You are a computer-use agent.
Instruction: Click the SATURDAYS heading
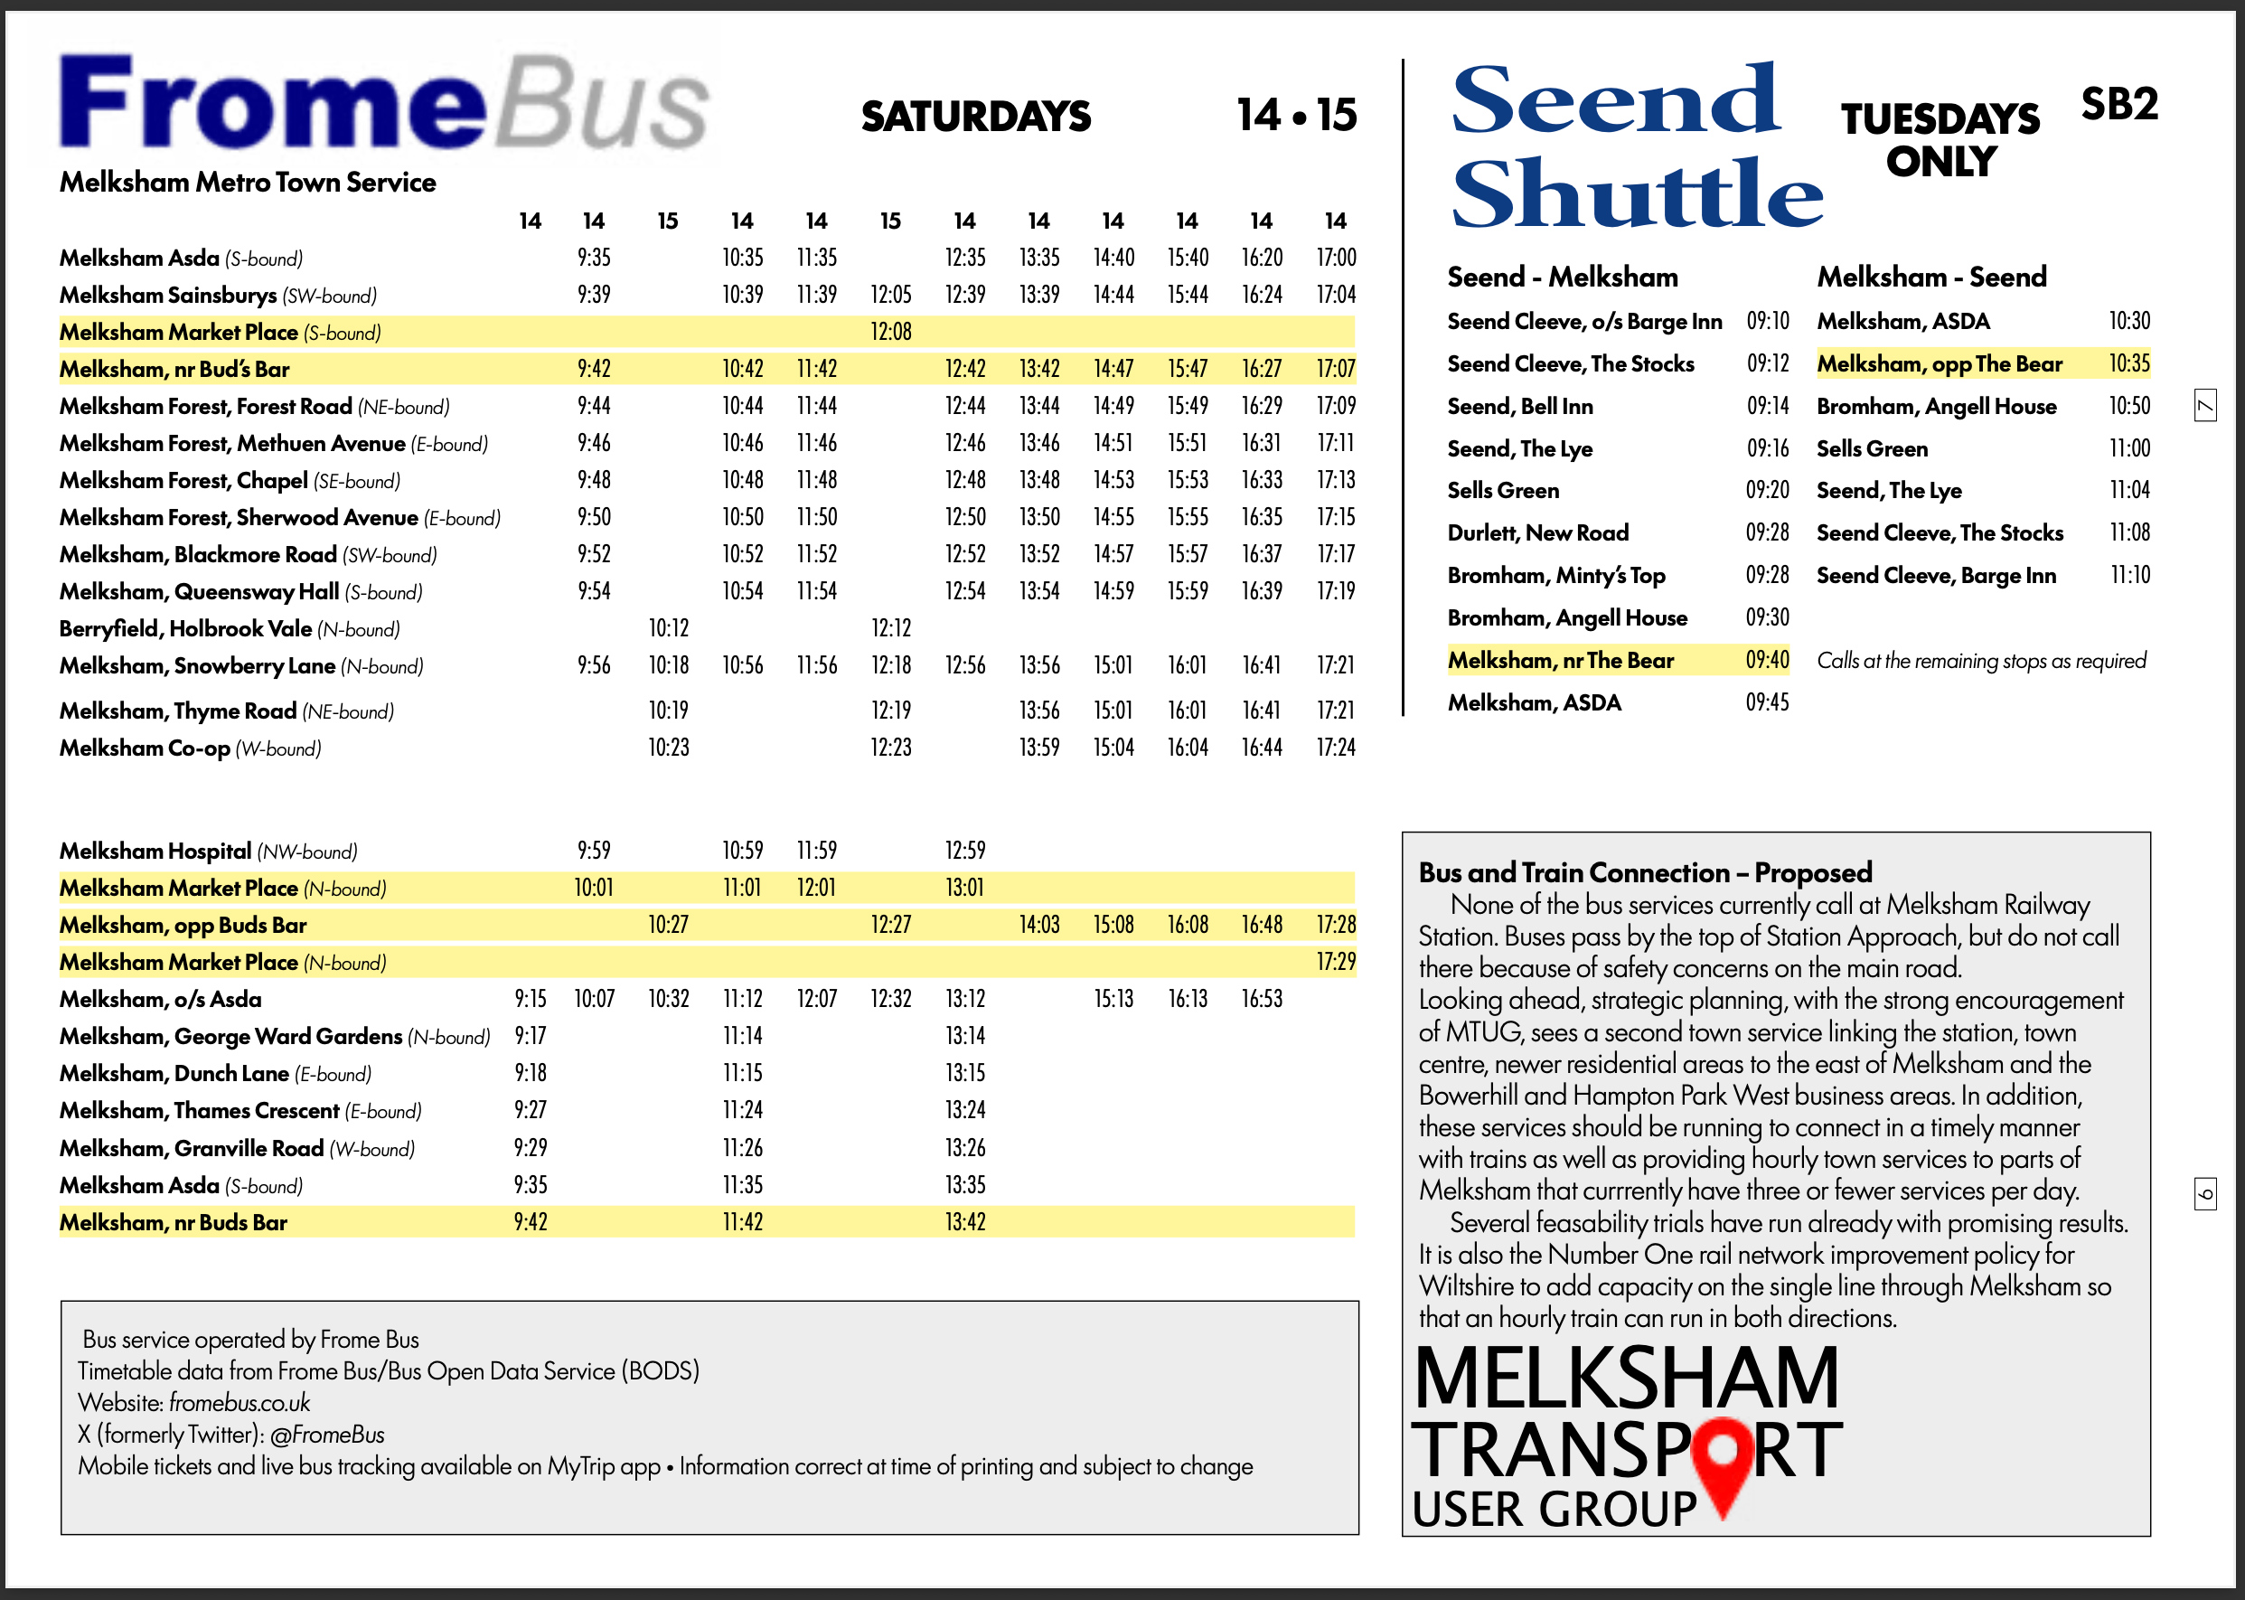[975, 117]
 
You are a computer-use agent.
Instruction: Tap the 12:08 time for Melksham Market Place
[890, 332]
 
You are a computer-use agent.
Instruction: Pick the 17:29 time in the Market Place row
[1336, 962]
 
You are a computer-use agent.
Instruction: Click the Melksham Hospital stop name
[155, 852]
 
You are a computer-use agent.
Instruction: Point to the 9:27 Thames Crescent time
[530, 1110]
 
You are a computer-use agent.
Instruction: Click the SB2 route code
[2118, 105]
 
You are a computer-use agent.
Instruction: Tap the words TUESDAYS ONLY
[1940, 140]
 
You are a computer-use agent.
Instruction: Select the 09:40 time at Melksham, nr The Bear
[1767, 660]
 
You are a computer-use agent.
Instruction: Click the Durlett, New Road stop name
[1537, 533]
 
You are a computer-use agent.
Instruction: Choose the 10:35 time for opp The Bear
[2128, 363]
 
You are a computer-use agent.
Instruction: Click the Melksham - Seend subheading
[1930, 277]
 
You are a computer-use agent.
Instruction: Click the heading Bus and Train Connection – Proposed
[1645, 872]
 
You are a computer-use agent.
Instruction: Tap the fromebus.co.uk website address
[240, 1403]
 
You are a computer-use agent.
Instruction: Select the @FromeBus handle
[327, 1435]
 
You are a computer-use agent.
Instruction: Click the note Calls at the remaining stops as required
[1981, 660]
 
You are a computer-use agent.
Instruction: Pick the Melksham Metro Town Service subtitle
[248, 183]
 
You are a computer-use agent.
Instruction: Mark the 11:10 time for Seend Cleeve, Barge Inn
[2128, 576]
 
